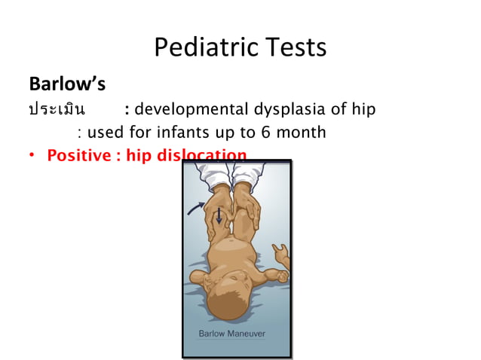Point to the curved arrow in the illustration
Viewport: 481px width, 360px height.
pos(198,206)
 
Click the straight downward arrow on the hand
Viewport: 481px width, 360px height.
pos(219,216)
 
